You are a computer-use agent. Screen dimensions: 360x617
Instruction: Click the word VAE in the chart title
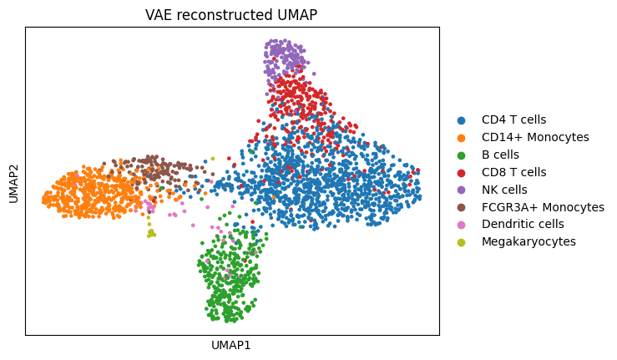[x=159, y=15]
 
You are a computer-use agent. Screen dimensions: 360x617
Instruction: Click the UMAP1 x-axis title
[x=231, y=345]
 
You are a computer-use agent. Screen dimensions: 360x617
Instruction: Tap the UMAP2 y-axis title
[x=13, y=181]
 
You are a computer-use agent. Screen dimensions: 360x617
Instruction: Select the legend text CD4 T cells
[x=513, y=119]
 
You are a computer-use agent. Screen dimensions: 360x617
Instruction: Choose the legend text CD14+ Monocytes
[x=535, y=137]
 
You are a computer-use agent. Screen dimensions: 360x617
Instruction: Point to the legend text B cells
[x=500, y=155]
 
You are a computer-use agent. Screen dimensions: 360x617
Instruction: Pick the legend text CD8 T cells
[x=513, y=172]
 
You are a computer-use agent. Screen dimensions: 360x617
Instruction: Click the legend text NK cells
[x=504, y=190]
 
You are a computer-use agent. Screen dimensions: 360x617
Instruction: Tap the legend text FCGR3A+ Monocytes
[x=543, y=207]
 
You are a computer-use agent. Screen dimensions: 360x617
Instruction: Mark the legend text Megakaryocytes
[x=528, y=241]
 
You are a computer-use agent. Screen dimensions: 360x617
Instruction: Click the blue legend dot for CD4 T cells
[x=462, y=120]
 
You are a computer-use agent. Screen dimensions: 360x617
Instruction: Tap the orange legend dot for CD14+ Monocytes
[x=462, y=138]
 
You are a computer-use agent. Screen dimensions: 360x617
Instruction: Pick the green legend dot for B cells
[x=462, y=155]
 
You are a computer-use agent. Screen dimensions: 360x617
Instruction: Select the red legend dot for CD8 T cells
[x=462, y=172]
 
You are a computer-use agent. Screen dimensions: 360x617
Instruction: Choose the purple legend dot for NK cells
[x=462, y=190]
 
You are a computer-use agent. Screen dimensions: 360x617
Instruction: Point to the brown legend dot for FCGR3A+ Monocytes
[x=462, y=207]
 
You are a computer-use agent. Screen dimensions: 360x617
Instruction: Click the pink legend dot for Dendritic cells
[x=462, y=225]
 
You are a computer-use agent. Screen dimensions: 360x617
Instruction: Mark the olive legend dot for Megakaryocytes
[x=462, y=242]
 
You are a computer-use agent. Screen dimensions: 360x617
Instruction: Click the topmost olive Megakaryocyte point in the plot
[x=212, y=158]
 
